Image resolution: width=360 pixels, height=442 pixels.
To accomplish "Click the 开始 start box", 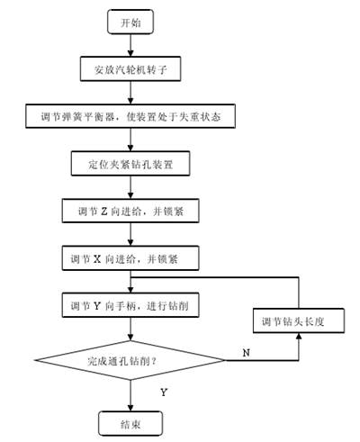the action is pyautogui.click(x=130, y=22).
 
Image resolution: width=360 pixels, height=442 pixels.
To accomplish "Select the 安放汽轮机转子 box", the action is pyautogui.click(x=130, y=68).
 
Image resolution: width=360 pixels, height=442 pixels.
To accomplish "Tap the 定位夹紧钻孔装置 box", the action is pyautogui.click(x=130, y=164).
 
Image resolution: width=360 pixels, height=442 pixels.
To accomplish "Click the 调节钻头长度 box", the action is pyautogui.click(x=299, y=320).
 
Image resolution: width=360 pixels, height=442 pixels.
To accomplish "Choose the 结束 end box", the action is pyautogui.click(x=130, y=423).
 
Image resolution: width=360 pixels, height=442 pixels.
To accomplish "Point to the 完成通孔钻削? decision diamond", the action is pyautogui.click(x=130, y=360).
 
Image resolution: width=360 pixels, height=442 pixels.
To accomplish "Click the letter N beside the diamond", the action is pyautogui.click(x=246, y=353).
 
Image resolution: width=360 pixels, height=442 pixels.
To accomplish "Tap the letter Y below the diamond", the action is pyautogui.click(x=164, y=392).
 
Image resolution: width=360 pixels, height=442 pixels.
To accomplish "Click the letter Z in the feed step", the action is pyautogui.click(x=103, y=212).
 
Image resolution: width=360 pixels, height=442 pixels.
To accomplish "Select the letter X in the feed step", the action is pyautogui.click(x=97, y=258).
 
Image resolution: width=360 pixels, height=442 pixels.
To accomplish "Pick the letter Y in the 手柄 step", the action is pyautogui.click(x=97, y=306).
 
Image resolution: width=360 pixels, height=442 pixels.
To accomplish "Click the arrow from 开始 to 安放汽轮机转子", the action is pyautogui.click(x=130, y=45).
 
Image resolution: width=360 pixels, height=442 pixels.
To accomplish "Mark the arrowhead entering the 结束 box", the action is pyautogui.click(x=130, y=408).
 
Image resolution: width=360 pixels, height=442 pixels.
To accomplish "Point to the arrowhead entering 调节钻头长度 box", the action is pyautogui.click(x=299, y=337).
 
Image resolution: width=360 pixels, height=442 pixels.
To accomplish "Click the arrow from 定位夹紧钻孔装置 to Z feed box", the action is pyautogui.click(x=130, y=187).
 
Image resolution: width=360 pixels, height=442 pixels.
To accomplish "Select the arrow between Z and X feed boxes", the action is pyautogui.click(x=130, y=234).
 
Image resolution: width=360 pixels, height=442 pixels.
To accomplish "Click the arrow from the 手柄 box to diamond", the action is pyautogui.click(x=130, y=329).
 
